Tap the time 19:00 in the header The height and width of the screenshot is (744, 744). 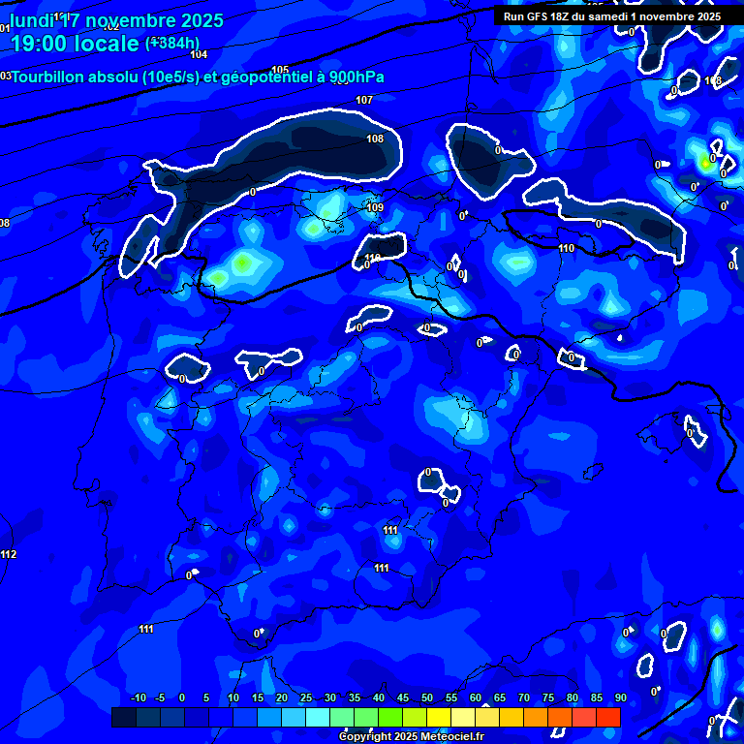38,44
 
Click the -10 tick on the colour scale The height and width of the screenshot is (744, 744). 138,697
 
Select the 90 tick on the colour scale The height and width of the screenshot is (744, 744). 620,697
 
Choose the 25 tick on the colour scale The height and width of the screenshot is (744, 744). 306,697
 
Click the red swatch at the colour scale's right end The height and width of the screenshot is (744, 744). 608,717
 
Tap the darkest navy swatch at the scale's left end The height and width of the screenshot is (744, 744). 123,717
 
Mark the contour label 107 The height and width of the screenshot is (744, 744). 364,100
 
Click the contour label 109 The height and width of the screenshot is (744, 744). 376,207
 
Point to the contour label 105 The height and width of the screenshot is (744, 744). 280,70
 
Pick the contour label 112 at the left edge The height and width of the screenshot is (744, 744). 9,554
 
